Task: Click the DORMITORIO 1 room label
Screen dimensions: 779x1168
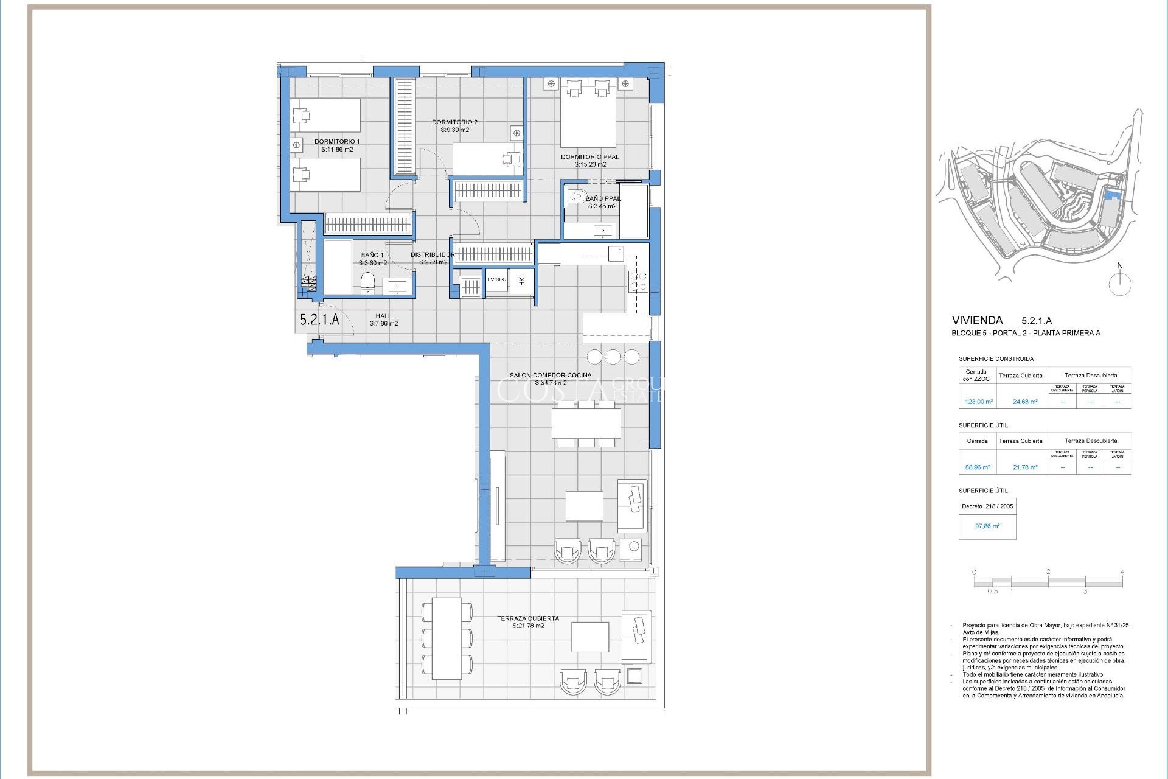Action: click(x=337, y=145)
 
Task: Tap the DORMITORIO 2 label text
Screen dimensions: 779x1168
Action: click(x=454, y=126)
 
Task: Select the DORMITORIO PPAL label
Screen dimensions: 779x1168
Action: click(x=589, y=161)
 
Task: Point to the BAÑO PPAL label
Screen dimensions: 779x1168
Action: click(x=602, y=202)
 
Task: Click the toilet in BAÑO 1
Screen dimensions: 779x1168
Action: click(x=367, y=282)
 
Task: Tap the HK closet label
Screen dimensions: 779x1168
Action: click(x=521, y=281)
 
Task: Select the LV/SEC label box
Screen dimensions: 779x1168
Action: click(x=496, y=280)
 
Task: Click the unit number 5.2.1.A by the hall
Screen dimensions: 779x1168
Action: click(x=319, y=320)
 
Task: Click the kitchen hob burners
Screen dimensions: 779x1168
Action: click(x=638, y=281)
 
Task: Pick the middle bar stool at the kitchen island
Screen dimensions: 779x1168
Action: click(x=613, y=357)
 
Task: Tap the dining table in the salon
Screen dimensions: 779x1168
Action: click(x=586, y=424)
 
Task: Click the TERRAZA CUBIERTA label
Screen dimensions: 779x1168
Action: click(x=527, y=622)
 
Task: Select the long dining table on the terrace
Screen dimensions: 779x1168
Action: click(x=447, y=638)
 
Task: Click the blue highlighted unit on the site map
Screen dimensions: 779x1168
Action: click(x=1113, y=195)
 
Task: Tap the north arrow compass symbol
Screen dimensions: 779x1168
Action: click(x=1119, y=282)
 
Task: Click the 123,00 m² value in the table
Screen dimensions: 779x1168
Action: click(x=978, y=402)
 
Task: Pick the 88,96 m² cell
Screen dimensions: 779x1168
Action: click(x=977, y=467)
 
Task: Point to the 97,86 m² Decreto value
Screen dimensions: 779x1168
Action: click(x=987, y=526)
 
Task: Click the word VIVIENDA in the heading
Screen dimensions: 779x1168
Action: click(x=977, y=320)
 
